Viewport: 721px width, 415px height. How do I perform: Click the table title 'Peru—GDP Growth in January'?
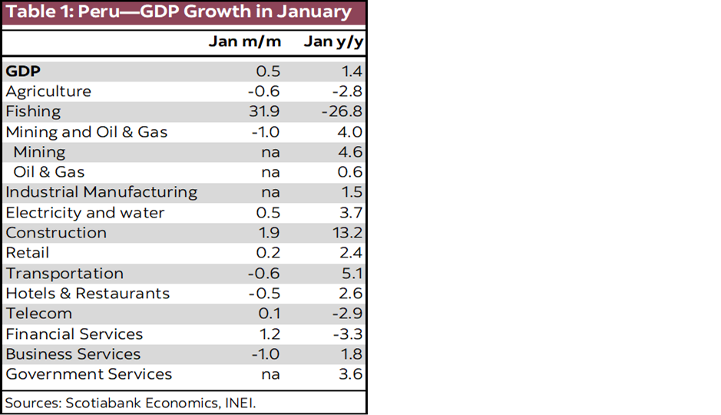click(178, 12)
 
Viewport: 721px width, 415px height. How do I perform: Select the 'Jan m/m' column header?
click(245, 41)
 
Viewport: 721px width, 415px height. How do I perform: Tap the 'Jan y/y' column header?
click(332, 41)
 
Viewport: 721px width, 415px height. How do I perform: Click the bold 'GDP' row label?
click(23, 71)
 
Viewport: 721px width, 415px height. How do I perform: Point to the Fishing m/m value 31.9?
click(264, 111)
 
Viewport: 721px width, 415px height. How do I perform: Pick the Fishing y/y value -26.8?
click(342, 111)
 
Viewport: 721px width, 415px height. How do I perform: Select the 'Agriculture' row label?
click(48, 91)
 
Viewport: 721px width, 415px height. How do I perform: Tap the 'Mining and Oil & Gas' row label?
click(86, 132)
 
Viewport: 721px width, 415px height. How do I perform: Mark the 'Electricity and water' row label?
click(84, 213)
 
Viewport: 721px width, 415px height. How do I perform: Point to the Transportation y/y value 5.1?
click(351, 274)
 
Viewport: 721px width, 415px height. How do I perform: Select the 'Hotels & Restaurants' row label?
click(88, 294)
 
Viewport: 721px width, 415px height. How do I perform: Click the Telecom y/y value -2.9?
click(348, 314)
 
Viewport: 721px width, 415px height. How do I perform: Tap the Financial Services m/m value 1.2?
click(270, 334)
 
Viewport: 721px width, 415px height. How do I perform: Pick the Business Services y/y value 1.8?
click(351, 354)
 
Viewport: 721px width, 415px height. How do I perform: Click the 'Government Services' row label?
click(88, 374)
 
